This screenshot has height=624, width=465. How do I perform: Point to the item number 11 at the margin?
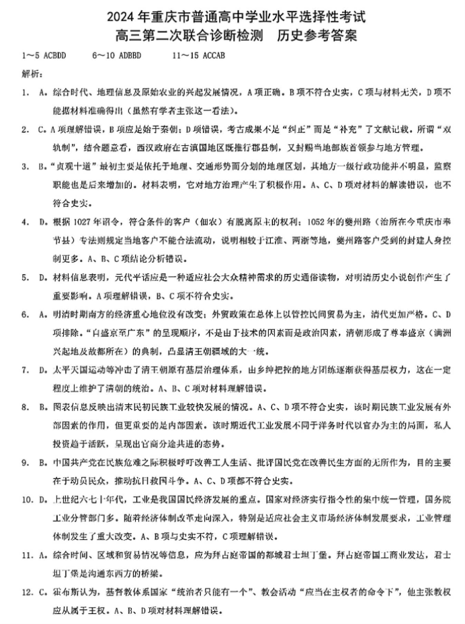pyautogui.click(x=26, y=555)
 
